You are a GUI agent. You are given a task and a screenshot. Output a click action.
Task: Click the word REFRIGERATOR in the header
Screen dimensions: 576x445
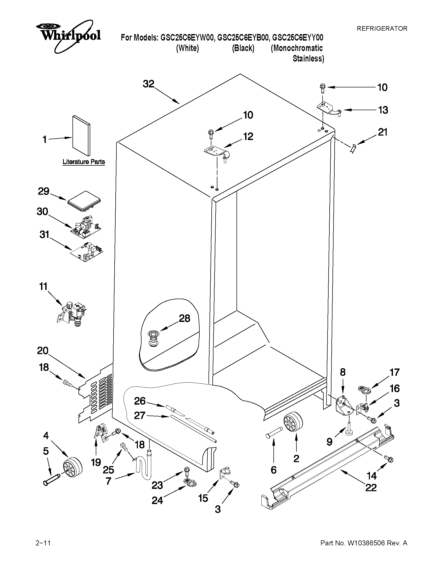pos(382,29)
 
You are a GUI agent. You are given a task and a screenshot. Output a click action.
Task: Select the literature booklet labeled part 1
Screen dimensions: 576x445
pos(81,135)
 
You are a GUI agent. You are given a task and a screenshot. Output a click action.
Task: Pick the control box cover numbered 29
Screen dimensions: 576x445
pos(84,202)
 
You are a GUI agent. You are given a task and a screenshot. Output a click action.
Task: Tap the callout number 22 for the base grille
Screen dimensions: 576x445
pos(371,487)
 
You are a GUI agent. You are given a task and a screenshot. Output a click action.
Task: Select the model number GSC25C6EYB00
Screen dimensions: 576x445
pos(243,38)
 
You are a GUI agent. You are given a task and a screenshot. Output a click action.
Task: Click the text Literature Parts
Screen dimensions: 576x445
pos(83,162)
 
